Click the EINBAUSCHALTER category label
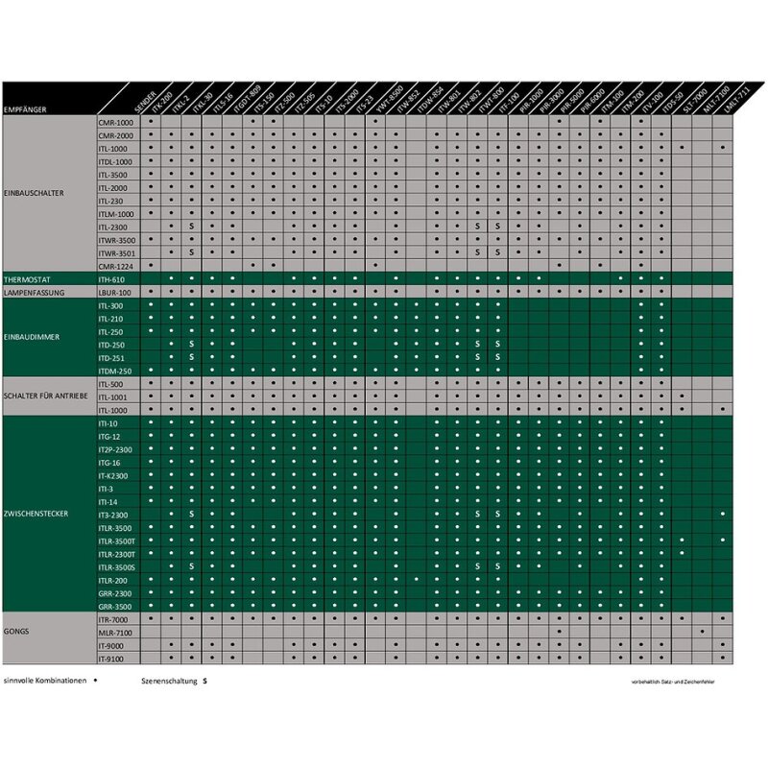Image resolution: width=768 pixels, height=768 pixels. (x=34, y=193)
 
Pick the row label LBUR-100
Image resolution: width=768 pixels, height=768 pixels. (x=113, y=292)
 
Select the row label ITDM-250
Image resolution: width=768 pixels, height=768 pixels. (x=114, y=371)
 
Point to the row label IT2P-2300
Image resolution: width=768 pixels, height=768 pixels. (x=115, y=449)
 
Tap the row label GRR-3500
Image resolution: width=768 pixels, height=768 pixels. (x=114, y=607)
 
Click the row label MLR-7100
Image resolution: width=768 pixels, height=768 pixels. (x=114, y=633)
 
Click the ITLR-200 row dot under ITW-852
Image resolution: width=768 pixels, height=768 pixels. (x=416, y=580)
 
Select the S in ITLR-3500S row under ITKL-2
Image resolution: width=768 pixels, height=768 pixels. (x=192, y=566)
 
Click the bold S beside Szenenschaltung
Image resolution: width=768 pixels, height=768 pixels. (x=204, y=681)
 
